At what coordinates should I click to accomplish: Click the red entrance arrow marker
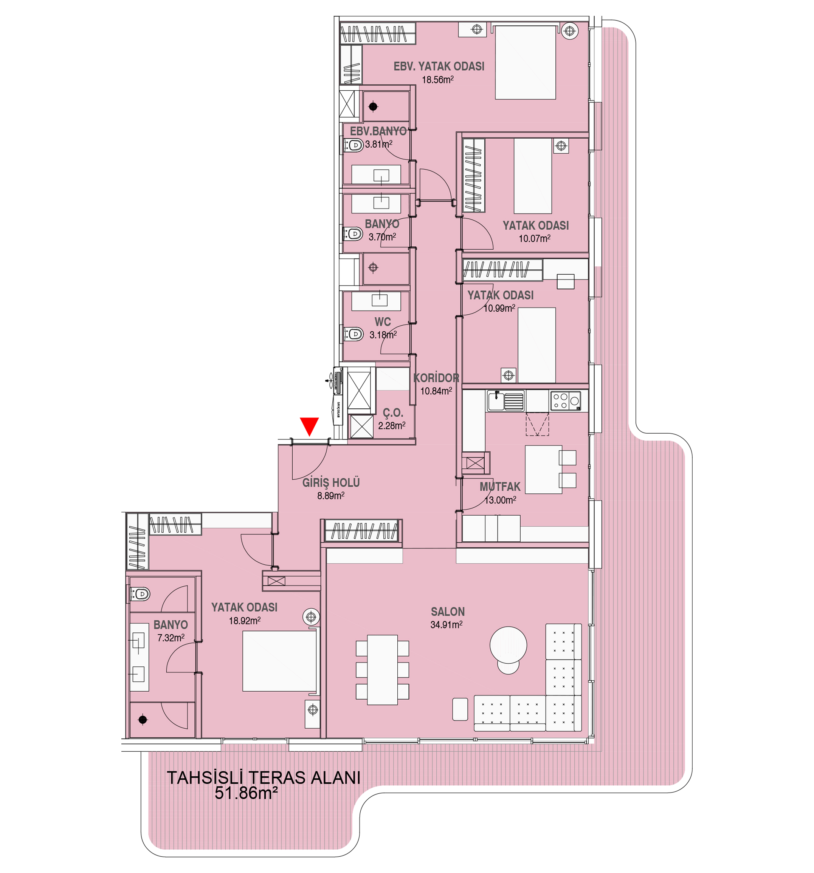tap(309, 425)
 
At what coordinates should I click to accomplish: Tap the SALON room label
tap(447, 611)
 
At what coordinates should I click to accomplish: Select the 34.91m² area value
tap(446, 624)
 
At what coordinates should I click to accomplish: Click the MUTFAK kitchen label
tap(500, 487)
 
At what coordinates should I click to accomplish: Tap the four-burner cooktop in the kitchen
tap(565, 400)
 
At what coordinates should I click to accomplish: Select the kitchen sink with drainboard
tap(505, 400)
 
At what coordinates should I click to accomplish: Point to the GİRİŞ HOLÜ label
tap(331, 483)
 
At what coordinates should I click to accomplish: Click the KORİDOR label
tap(436, 378)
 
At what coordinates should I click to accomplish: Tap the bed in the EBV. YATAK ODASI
tap(525, 62)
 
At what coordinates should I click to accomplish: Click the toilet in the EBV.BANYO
tap(354, 144)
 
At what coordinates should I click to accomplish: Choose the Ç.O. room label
tap(392, 413)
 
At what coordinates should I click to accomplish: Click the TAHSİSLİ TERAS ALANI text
tap(264, 778)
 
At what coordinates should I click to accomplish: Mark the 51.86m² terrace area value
tap(246, 793)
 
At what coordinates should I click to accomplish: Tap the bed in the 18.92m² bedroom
tap(279, 661)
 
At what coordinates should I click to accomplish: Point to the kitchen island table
tap(543, 470)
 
